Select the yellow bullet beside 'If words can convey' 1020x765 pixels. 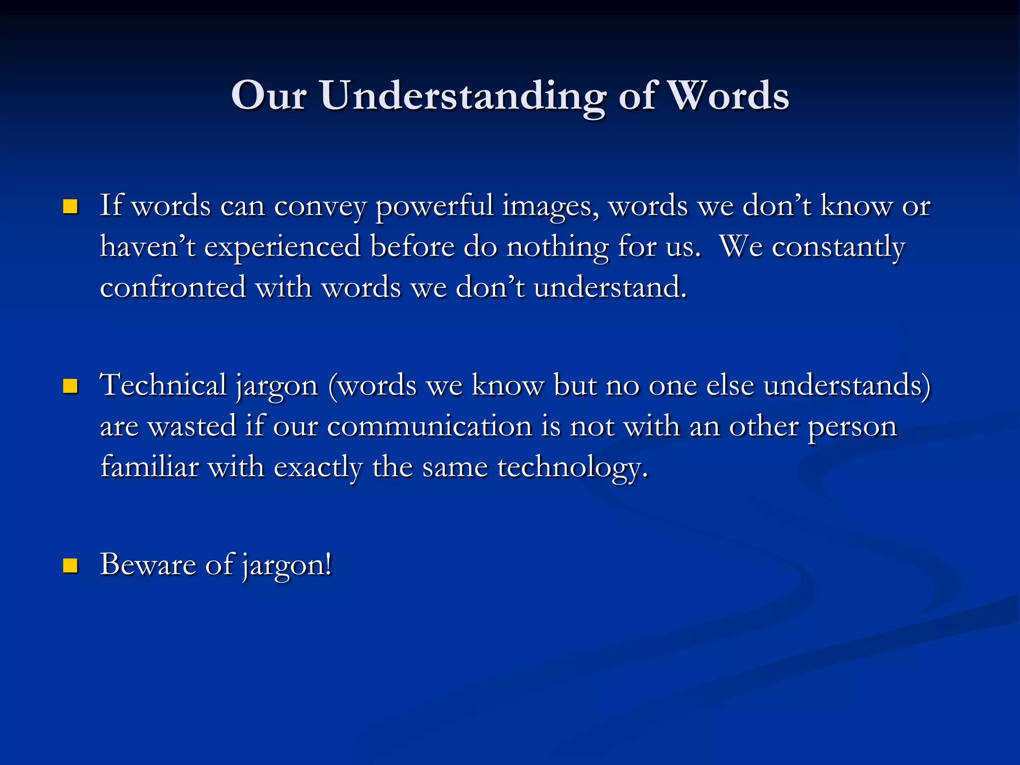(x=70, y=206)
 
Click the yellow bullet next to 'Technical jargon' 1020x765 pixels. (x=70, y=386)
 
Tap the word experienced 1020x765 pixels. (x=282, y=247)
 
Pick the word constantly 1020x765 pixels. (x=838, y=247)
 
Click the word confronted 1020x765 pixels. (x=173, y=288)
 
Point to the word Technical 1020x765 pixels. (x=163, y=386)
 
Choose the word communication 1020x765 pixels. (x=430, y=427)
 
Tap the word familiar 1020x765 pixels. (x=149, y=467)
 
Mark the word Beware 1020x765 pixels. (x=148, y=565)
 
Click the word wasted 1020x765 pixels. (x=192, y=427)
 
